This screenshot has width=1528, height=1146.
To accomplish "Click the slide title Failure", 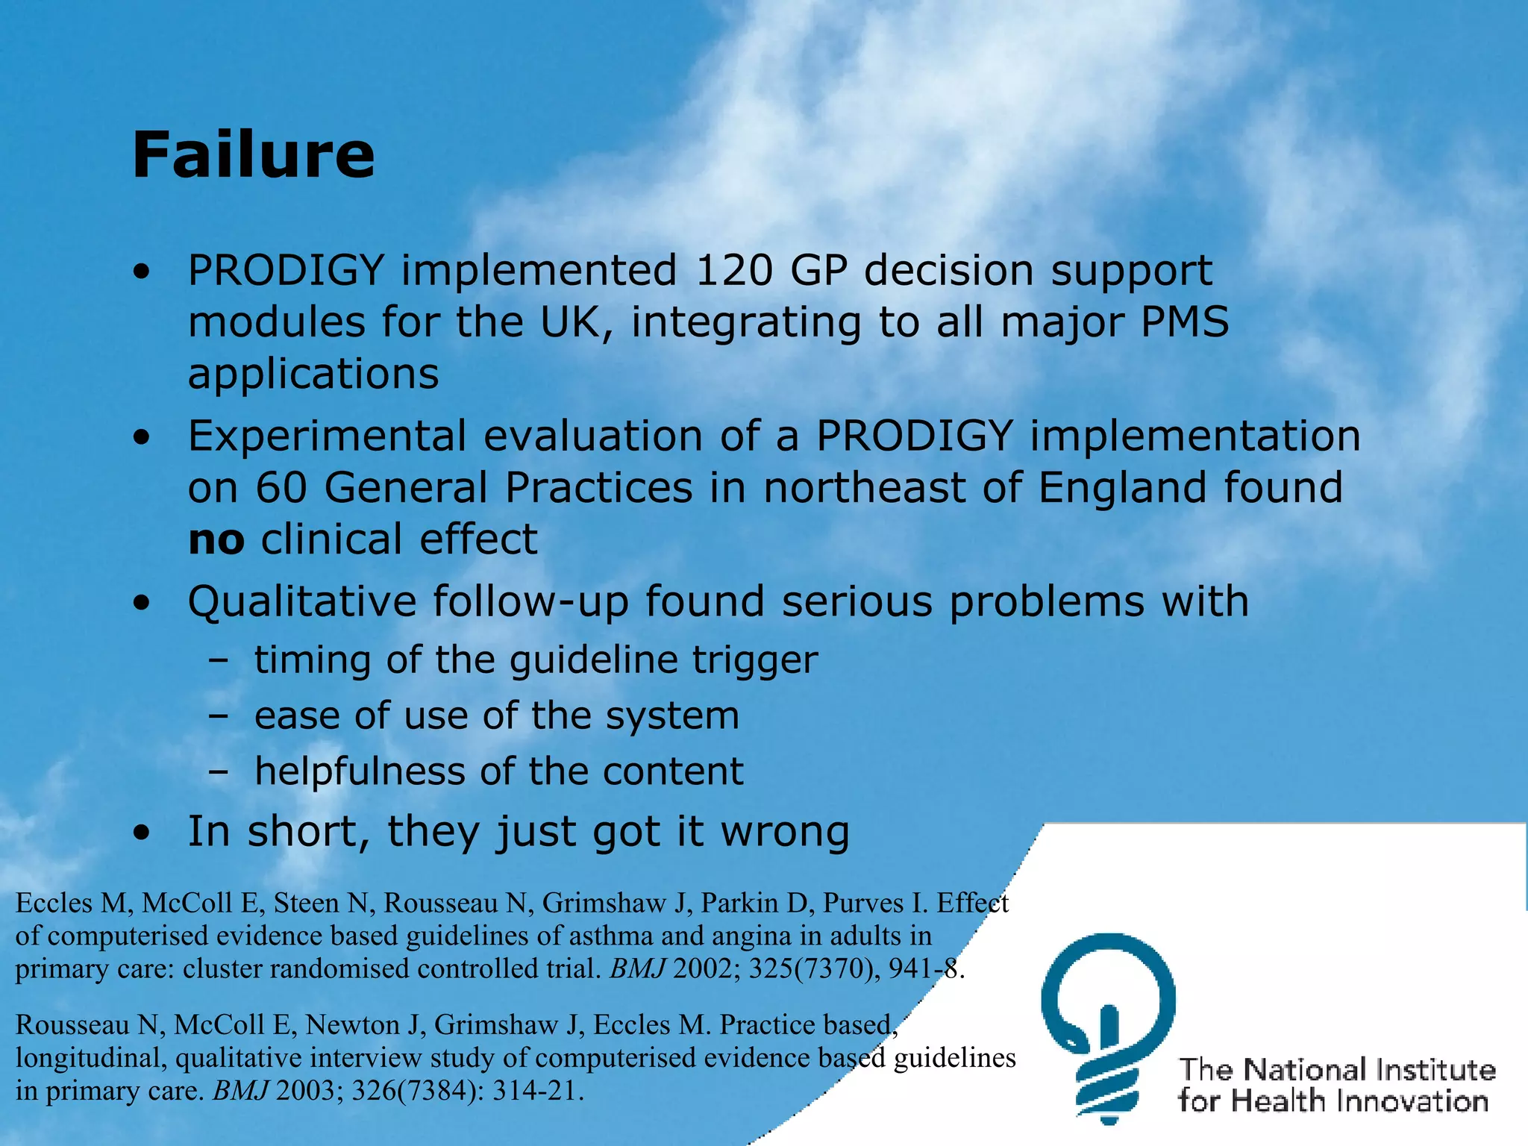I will tap(253, 155).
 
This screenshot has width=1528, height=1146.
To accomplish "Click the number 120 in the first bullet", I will tap(733, 270).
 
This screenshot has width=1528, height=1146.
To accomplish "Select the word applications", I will tap(313, 375).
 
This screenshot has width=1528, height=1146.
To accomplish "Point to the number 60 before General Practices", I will tap(281, 488).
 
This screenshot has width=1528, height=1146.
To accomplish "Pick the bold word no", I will tap(216, 540).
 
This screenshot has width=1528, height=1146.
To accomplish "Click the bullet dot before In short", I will tap(142, 834).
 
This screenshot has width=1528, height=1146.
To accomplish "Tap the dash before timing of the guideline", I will tap(219, 660).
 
